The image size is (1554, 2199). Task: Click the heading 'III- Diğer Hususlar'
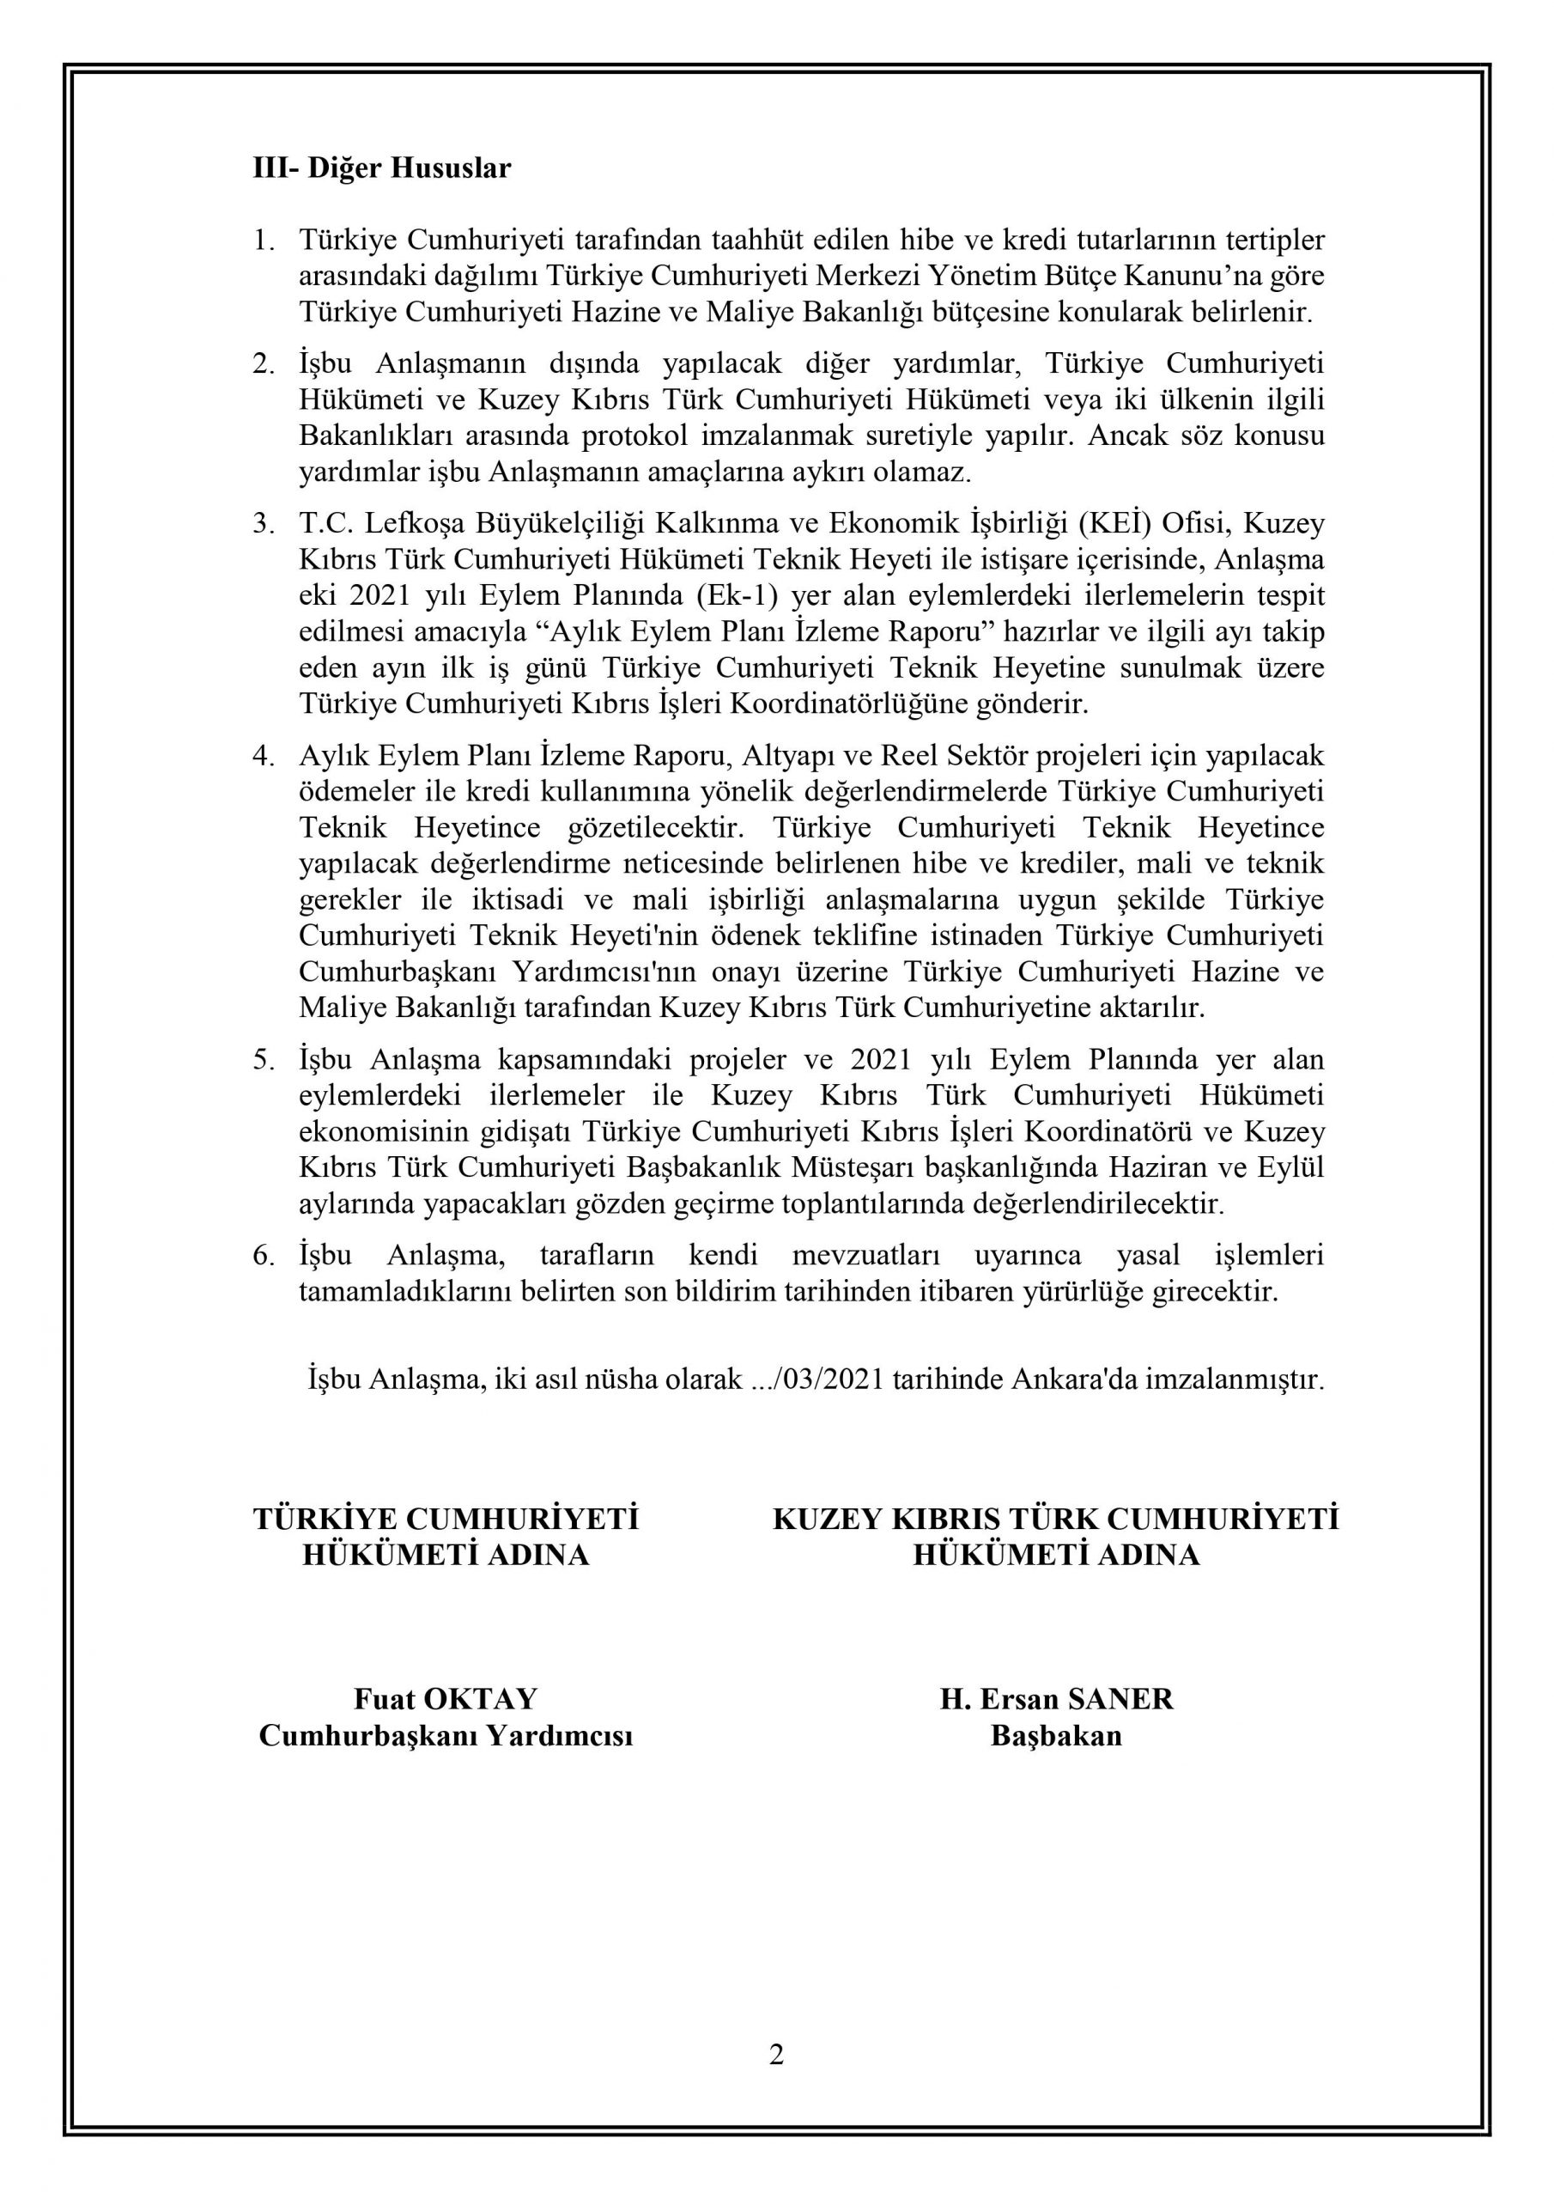coord(381,168)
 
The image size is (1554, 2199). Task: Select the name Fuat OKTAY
coord(446,1699)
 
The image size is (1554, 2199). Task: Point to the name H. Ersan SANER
coord(1056,1699)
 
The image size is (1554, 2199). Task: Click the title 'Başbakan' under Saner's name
coord(1056,1735)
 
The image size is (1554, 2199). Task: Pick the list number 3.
coord(263,525)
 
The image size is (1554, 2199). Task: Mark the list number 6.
coord(263,1256)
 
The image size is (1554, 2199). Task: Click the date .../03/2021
coord(817,1380)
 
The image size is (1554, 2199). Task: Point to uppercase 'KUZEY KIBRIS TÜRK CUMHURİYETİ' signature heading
coord(1055,1519)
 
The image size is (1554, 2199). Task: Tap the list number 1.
coord(263,241)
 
